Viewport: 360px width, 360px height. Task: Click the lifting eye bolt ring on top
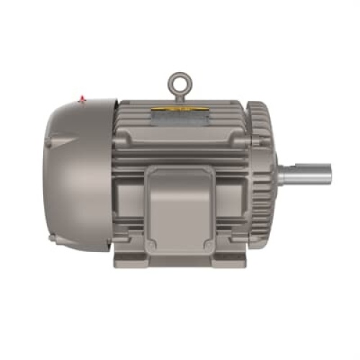coord(177,80)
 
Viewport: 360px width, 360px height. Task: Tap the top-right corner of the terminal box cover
coord(211,171)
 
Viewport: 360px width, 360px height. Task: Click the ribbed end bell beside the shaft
coord(261,176)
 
